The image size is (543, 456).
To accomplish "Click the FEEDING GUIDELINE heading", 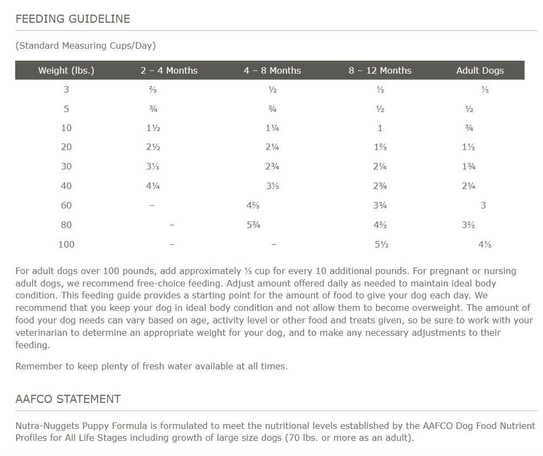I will click(x=73, y=19).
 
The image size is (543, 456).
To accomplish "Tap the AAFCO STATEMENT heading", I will click(x=68, y=399).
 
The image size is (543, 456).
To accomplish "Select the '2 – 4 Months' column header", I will click(x=169, y=70).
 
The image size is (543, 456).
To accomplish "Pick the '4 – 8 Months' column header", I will click(x=272, y=70).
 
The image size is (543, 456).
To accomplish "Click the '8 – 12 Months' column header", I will click(x=380, y=70).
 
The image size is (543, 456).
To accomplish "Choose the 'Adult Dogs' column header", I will click(x=480, y=70).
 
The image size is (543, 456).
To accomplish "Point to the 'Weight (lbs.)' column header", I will click(x=66, y=70).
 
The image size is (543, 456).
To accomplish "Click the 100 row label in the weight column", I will click(x=66, y=244).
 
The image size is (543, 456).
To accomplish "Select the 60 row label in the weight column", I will click(x=66, y=205).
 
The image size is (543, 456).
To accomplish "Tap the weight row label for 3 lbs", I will click(x=66, y=90).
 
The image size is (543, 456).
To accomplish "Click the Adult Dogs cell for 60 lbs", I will click(x=483, y=205).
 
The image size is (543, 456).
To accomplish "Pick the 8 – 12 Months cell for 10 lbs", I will click(x=380, y=128).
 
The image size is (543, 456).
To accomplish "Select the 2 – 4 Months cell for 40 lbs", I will click(x=153, y=186).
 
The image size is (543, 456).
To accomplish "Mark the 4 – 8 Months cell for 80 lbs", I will click(x=253, y=225).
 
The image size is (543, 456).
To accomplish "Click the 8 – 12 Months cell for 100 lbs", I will click(x=381, y=244).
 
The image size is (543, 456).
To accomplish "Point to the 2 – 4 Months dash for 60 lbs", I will click(x=152, y=205).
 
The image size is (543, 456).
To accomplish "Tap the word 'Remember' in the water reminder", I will click(x=39, y=366).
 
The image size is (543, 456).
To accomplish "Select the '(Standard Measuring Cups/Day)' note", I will click(x=86, y=45).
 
